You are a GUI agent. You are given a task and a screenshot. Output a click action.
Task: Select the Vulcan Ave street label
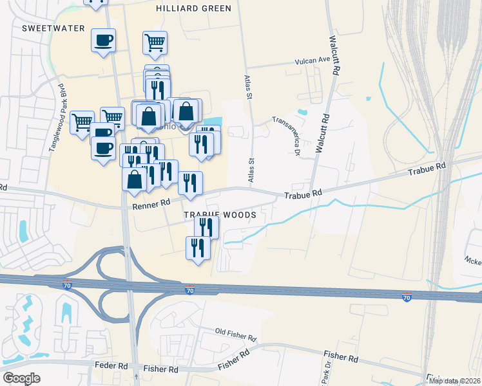coord(312,60)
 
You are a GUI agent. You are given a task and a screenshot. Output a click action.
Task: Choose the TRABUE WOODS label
coord(220,215)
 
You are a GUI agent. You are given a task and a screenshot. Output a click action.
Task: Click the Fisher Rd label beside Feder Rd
coord(160,369)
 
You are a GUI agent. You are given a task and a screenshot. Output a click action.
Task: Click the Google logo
coord(21,378)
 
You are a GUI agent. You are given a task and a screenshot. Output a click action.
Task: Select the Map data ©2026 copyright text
coord(454,381)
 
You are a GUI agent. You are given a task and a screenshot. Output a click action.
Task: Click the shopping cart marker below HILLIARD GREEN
coord(155,43)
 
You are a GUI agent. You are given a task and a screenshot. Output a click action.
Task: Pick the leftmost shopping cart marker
coord(82,121)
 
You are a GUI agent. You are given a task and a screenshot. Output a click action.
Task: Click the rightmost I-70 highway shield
coord(406,297)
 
